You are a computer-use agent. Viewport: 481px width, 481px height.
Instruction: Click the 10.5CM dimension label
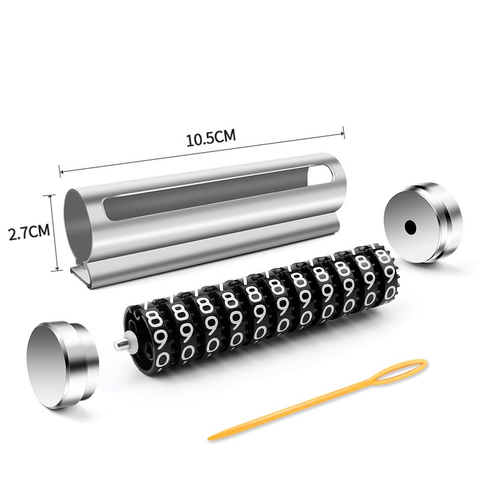(x=211, y=138)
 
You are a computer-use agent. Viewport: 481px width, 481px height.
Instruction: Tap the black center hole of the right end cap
(x=410, y=227)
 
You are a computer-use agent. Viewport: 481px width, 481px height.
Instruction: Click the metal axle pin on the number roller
(x=122, y=343)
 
